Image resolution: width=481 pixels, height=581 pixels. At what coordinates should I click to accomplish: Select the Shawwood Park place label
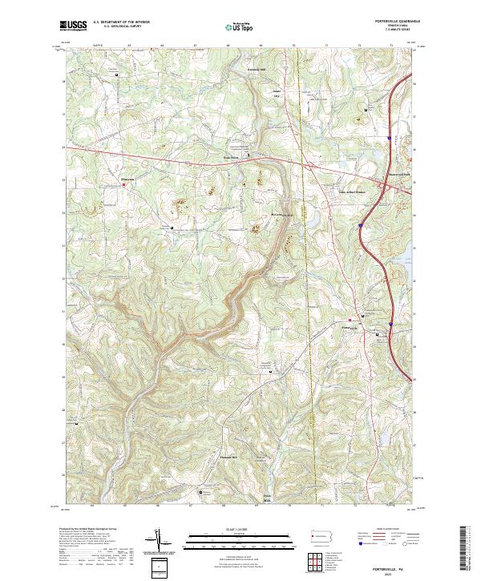point(398,174)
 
